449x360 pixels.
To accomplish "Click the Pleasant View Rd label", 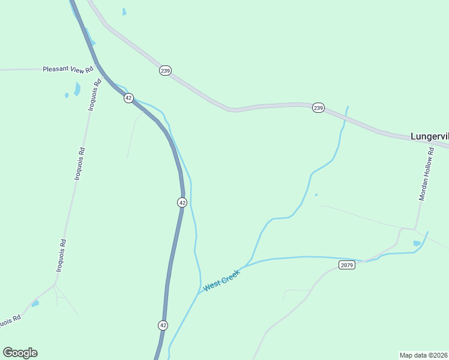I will click(68, 70).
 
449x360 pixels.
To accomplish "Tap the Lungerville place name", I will click(429, 136).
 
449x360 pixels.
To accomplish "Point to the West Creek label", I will click(221, 280).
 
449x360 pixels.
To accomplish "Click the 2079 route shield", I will click(346, 265).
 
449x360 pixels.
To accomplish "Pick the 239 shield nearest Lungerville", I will click(318, 108).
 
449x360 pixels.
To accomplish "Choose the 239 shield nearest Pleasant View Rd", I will click(165, 71).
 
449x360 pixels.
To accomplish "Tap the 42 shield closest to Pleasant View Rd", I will click(128, 98).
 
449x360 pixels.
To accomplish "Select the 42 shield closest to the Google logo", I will click(163, 325).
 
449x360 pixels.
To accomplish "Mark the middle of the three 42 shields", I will click(182, 202).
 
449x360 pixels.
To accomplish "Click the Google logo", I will click(20, 353).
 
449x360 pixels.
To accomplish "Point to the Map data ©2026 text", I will click(424, 355).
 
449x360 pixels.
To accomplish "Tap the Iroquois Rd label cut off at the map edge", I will click(10, 322).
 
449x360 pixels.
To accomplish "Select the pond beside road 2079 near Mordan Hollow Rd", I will click(417, 243).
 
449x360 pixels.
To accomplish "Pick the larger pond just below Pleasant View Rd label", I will click(77, 89).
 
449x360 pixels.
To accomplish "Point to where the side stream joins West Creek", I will click(246, 265).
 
